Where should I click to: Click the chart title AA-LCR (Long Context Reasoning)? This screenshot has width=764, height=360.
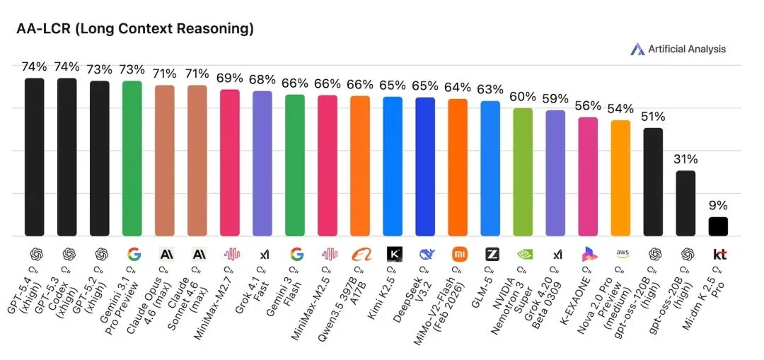[134, 29]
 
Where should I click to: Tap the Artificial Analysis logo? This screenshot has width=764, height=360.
[678, 49]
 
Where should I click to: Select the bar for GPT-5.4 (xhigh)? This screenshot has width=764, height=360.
[35, 156]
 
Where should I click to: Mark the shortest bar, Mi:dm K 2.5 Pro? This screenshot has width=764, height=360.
[718, 226]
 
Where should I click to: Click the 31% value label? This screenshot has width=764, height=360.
[685, 159]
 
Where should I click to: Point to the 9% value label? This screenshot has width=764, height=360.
[718, 206]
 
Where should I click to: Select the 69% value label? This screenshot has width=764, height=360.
[230, 77]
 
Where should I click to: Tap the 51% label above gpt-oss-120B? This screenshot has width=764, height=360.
[653, 117]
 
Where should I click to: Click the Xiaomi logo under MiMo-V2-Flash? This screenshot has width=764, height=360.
[458, 254]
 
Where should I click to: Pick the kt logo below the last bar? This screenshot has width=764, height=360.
[718, 254]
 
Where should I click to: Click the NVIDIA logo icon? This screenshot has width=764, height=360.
[523, 254]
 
